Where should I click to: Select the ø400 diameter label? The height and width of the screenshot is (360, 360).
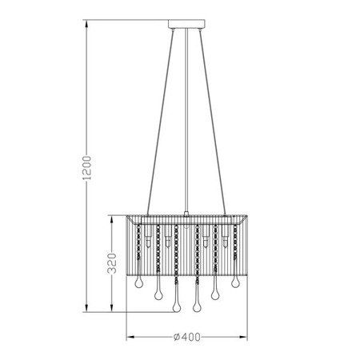186,337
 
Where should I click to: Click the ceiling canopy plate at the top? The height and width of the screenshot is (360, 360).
186,30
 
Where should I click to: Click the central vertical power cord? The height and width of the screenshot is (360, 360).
186,120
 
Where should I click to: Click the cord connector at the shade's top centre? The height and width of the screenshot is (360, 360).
186,214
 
